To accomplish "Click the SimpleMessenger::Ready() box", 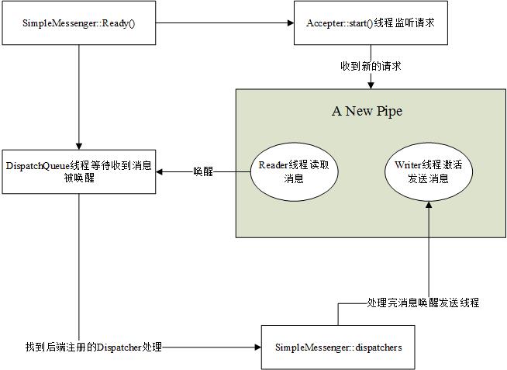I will click(x=81, y=22).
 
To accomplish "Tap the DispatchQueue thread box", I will click(x=81, y=171).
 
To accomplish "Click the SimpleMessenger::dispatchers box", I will click(x=338, y=347).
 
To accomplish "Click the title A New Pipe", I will click(x=367, y=111).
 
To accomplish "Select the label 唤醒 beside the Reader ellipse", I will click(x=203, y=172).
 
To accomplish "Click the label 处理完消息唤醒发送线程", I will click(x=422, y=303).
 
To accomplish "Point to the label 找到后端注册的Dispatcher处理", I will click(x=93, y=348).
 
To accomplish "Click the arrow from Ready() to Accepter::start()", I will click(x=225, y=22).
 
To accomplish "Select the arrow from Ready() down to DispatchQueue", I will click(x=81, y=93).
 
